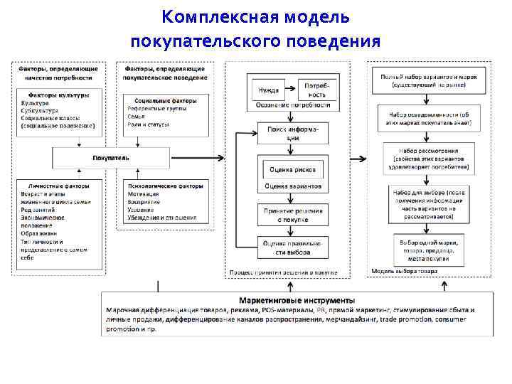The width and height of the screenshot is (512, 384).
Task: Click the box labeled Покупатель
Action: [x=111, y=157]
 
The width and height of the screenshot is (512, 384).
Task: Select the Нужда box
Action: [x=269, y=90]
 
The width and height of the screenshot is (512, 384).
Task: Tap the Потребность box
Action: [x=314, y=90]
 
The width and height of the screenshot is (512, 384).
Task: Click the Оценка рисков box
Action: [x=293, y=170]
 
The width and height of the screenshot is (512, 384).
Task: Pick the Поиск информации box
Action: [x=293, y=134]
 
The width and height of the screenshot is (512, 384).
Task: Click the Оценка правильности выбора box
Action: [x=293, y=247]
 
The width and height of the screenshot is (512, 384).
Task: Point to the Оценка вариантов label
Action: [x=293, y=186]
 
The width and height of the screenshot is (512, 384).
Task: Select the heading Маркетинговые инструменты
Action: [x=297, y=300]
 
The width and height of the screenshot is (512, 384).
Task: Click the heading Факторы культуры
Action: [x=58, y=95]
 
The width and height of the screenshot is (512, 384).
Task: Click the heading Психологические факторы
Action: [x=164, y=186]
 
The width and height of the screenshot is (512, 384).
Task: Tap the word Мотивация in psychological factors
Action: [x=144, y=194]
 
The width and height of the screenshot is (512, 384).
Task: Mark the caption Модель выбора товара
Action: [x=405, y=271]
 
